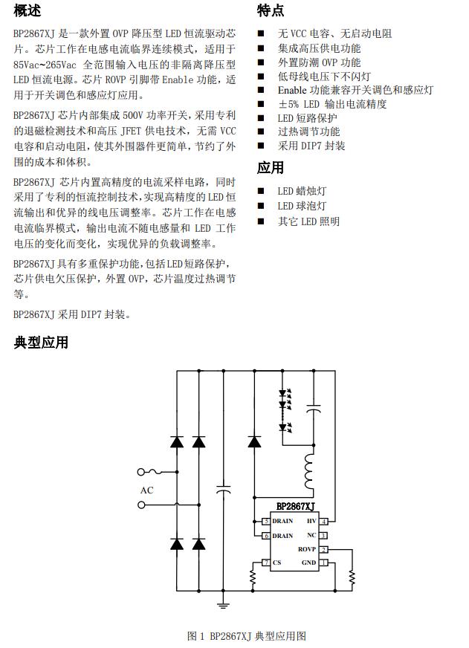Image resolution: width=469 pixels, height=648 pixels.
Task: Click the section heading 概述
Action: coord(28,10)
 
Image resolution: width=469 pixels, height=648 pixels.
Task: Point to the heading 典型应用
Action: coord(41,342)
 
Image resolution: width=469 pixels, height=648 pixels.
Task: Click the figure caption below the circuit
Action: coord(247,636)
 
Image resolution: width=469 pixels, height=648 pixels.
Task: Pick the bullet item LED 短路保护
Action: coord(307,117)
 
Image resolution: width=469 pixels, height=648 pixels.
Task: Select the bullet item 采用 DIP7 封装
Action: coord(311,146)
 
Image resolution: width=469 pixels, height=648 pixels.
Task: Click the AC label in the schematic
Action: coord(146,490)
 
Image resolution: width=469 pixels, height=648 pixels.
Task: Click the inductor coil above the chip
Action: coord(308,467)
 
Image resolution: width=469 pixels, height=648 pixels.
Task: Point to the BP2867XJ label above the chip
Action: coord(295,507)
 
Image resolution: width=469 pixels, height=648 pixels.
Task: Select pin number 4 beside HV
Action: coord(323,522)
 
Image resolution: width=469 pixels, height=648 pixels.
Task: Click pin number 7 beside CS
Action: coord(265,563)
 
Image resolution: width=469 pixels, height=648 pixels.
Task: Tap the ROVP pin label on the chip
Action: coord(307,549)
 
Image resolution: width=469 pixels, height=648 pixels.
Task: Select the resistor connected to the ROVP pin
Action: coord(352,577)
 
